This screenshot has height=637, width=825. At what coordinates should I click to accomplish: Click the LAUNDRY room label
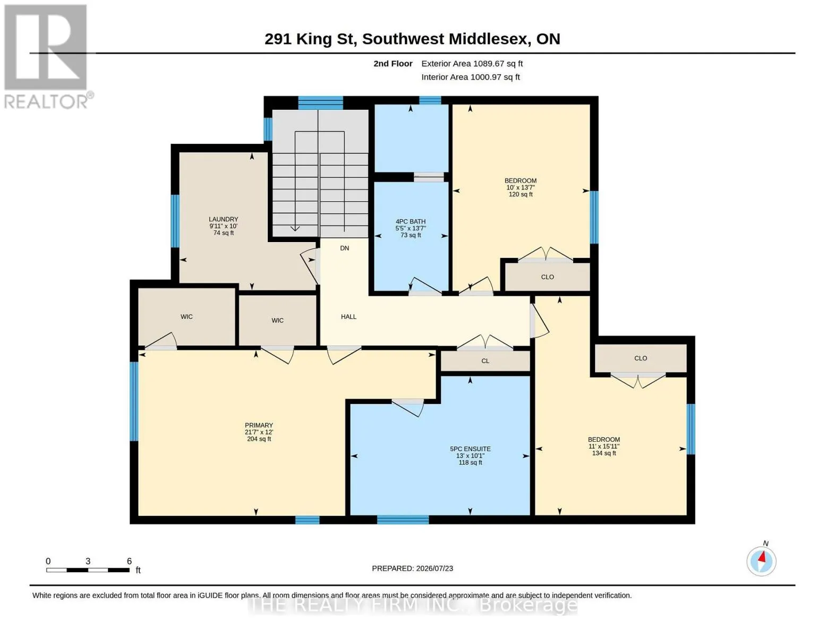[223, 219]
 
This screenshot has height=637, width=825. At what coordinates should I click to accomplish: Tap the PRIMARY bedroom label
[259, 425]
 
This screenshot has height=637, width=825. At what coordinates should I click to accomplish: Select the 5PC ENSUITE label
[470, 449]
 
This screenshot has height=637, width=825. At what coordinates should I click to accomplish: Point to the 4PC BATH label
[411, 221]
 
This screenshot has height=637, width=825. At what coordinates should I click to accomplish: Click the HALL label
[348, 317]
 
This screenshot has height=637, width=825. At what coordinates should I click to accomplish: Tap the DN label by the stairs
[344, 248]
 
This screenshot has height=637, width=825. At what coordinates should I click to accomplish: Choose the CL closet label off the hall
[485, 361]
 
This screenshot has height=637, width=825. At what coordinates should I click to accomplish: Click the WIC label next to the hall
[277, 321]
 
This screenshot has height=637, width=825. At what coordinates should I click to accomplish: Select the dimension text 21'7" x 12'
[259, 432]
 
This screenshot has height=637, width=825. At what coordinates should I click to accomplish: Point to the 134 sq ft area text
[603, 453]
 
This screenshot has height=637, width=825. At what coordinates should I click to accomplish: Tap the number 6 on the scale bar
[129, 561]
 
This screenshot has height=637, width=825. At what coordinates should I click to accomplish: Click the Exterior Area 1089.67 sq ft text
[472, 64]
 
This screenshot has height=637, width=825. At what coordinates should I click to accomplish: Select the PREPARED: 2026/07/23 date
[412, 569]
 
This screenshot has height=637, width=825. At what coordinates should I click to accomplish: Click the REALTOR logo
[47, 57]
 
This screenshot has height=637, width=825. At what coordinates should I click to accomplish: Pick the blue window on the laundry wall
[175, 221]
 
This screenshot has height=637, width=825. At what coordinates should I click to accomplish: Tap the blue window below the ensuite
[403, 519]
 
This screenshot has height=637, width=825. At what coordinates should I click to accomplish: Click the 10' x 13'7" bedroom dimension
[521, 187]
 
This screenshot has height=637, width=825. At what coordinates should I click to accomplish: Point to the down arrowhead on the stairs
[295, 228]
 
